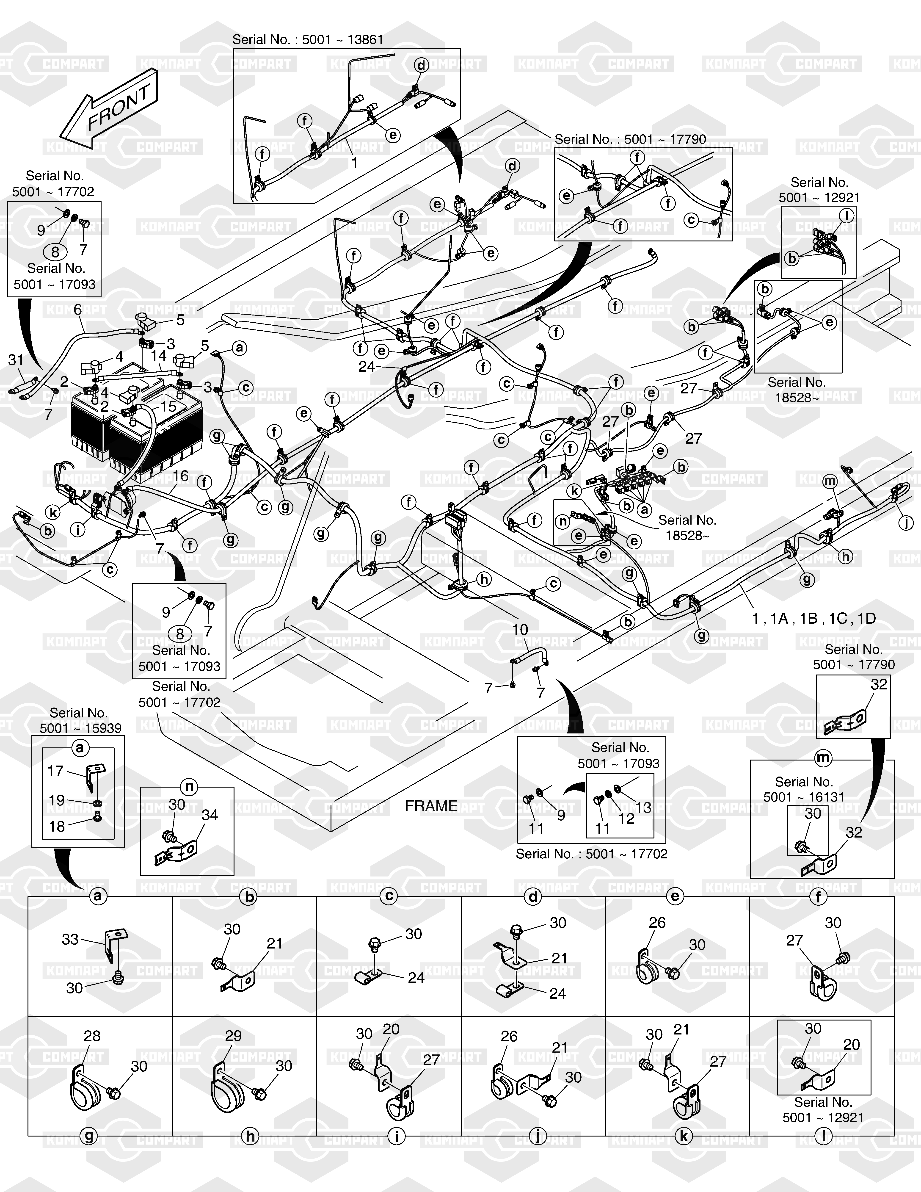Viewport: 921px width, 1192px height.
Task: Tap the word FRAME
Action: tap(431, 806)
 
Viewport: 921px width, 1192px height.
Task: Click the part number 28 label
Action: tap(92, 1036)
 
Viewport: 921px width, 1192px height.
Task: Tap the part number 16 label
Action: tap(181, 476)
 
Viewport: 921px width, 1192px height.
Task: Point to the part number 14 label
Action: tap(158, 356)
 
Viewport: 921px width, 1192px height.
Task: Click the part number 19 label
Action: tap(57, 800)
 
